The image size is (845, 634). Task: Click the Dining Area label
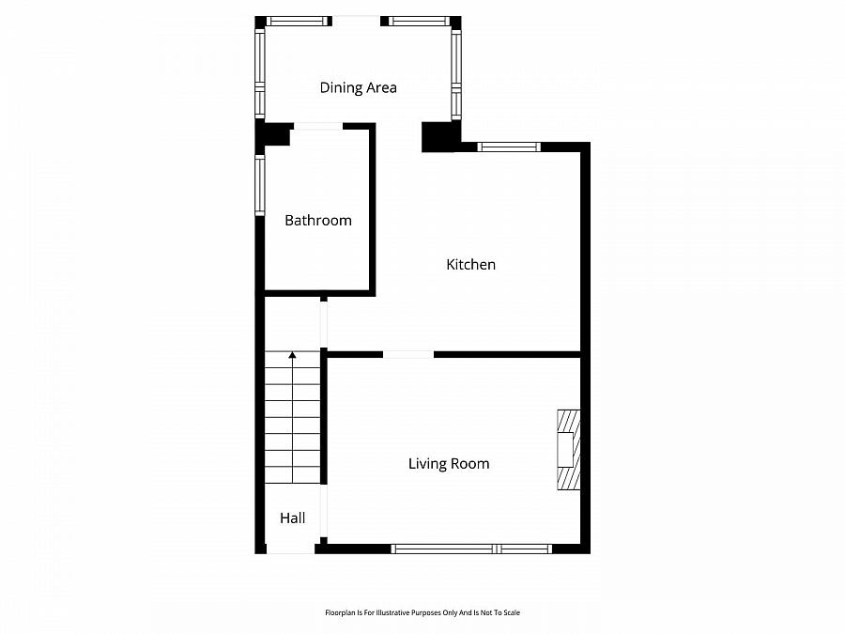click(x=358, y=88)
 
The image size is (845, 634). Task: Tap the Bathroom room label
click(x=318, y=221)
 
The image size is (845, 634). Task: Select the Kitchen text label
click(x=470, y=265)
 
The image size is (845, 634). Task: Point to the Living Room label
click(x=449, y=464)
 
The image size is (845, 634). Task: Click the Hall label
click(x=292, y=518)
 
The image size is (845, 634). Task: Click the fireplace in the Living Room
click(x=568, y=450)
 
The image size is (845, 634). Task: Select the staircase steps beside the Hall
click(x=292, y=418)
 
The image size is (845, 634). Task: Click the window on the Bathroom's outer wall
click(x=260, y=185)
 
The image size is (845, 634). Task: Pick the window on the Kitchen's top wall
click(x=509, y=147)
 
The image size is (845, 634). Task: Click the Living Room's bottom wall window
click(x=471, y=549)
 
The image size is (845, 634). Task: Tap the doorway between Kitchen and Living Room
click(x=408, y=354)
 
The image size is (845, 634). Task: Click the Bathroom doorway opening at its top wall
click(x=317, y=126)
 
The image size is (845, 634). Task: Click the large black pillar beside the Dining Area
click(x=438, y=137)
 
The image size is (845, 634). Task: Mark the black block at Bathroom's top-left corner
click(x=273, y=135)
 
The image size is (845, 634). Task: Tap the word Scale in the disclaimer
click(x=512, y=612)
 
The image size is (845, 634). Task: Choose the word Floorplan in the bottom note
click(x=340, y=612)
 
